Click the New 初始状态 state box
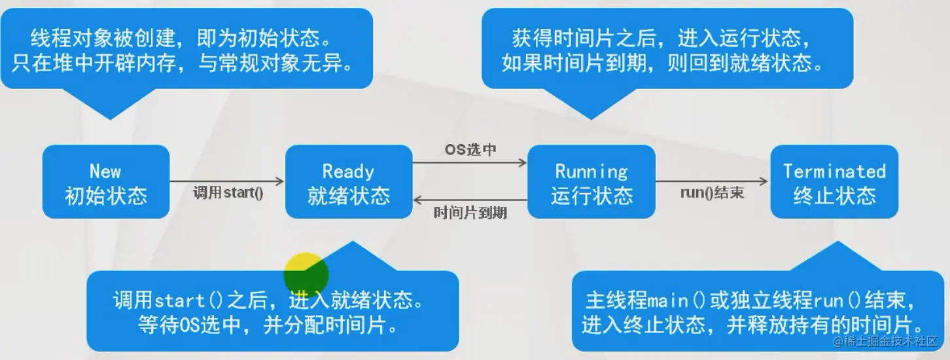point(105,182)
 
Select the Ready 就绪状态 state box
point(349,182)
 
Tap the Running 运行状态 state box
point(591,182)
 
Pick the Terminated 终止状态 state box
point(834,182)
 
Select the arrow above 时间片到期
point(470,200)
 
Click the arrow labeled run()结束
point(712,181)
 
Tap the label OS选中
point(470,150)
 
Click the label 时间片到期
point(470,213)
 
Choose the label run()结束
point(712,194)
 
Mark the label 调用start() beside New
point(228,194)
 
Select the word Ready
point(348,171)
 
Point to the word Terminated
point(834,171)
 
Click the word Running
point(591,171)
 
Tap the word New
point(105,171)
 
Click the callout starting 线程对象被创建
point(186,50)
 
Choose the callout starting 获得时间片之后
point(667,50)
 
